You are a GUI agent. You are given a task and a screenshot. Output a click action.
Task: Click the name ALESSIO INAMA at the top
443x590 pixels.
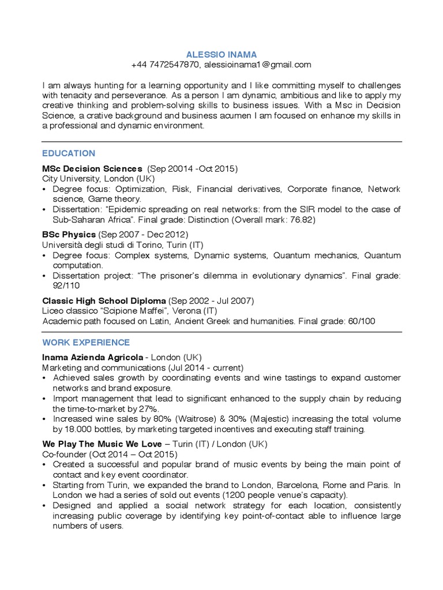tap(221, 54)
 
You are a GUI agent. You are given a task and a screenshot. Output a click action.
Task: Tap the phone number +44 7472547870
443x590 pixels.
tap(165, 65)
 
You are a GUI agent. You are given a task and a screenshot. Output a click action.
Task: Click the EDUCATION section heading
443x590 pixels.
tap(69, 153)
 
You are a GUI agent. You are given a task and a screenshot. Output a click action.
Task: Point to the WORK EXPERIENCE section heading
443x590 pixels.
tap(86, 342)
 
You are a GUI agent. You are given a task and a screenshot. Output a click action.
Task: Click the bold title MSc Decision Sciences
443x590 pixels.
tap(92, 169)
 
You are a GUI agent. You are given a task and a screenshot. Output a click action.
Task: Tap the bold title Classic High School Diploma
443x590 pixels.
tap(104, 301)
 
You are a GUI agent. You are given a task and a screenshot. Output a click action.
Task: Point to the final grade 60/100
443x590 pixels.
tap(361, 321)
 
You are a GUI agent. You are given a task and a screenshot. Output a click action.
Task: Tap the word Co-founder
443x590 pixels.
tap(63, 455)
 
